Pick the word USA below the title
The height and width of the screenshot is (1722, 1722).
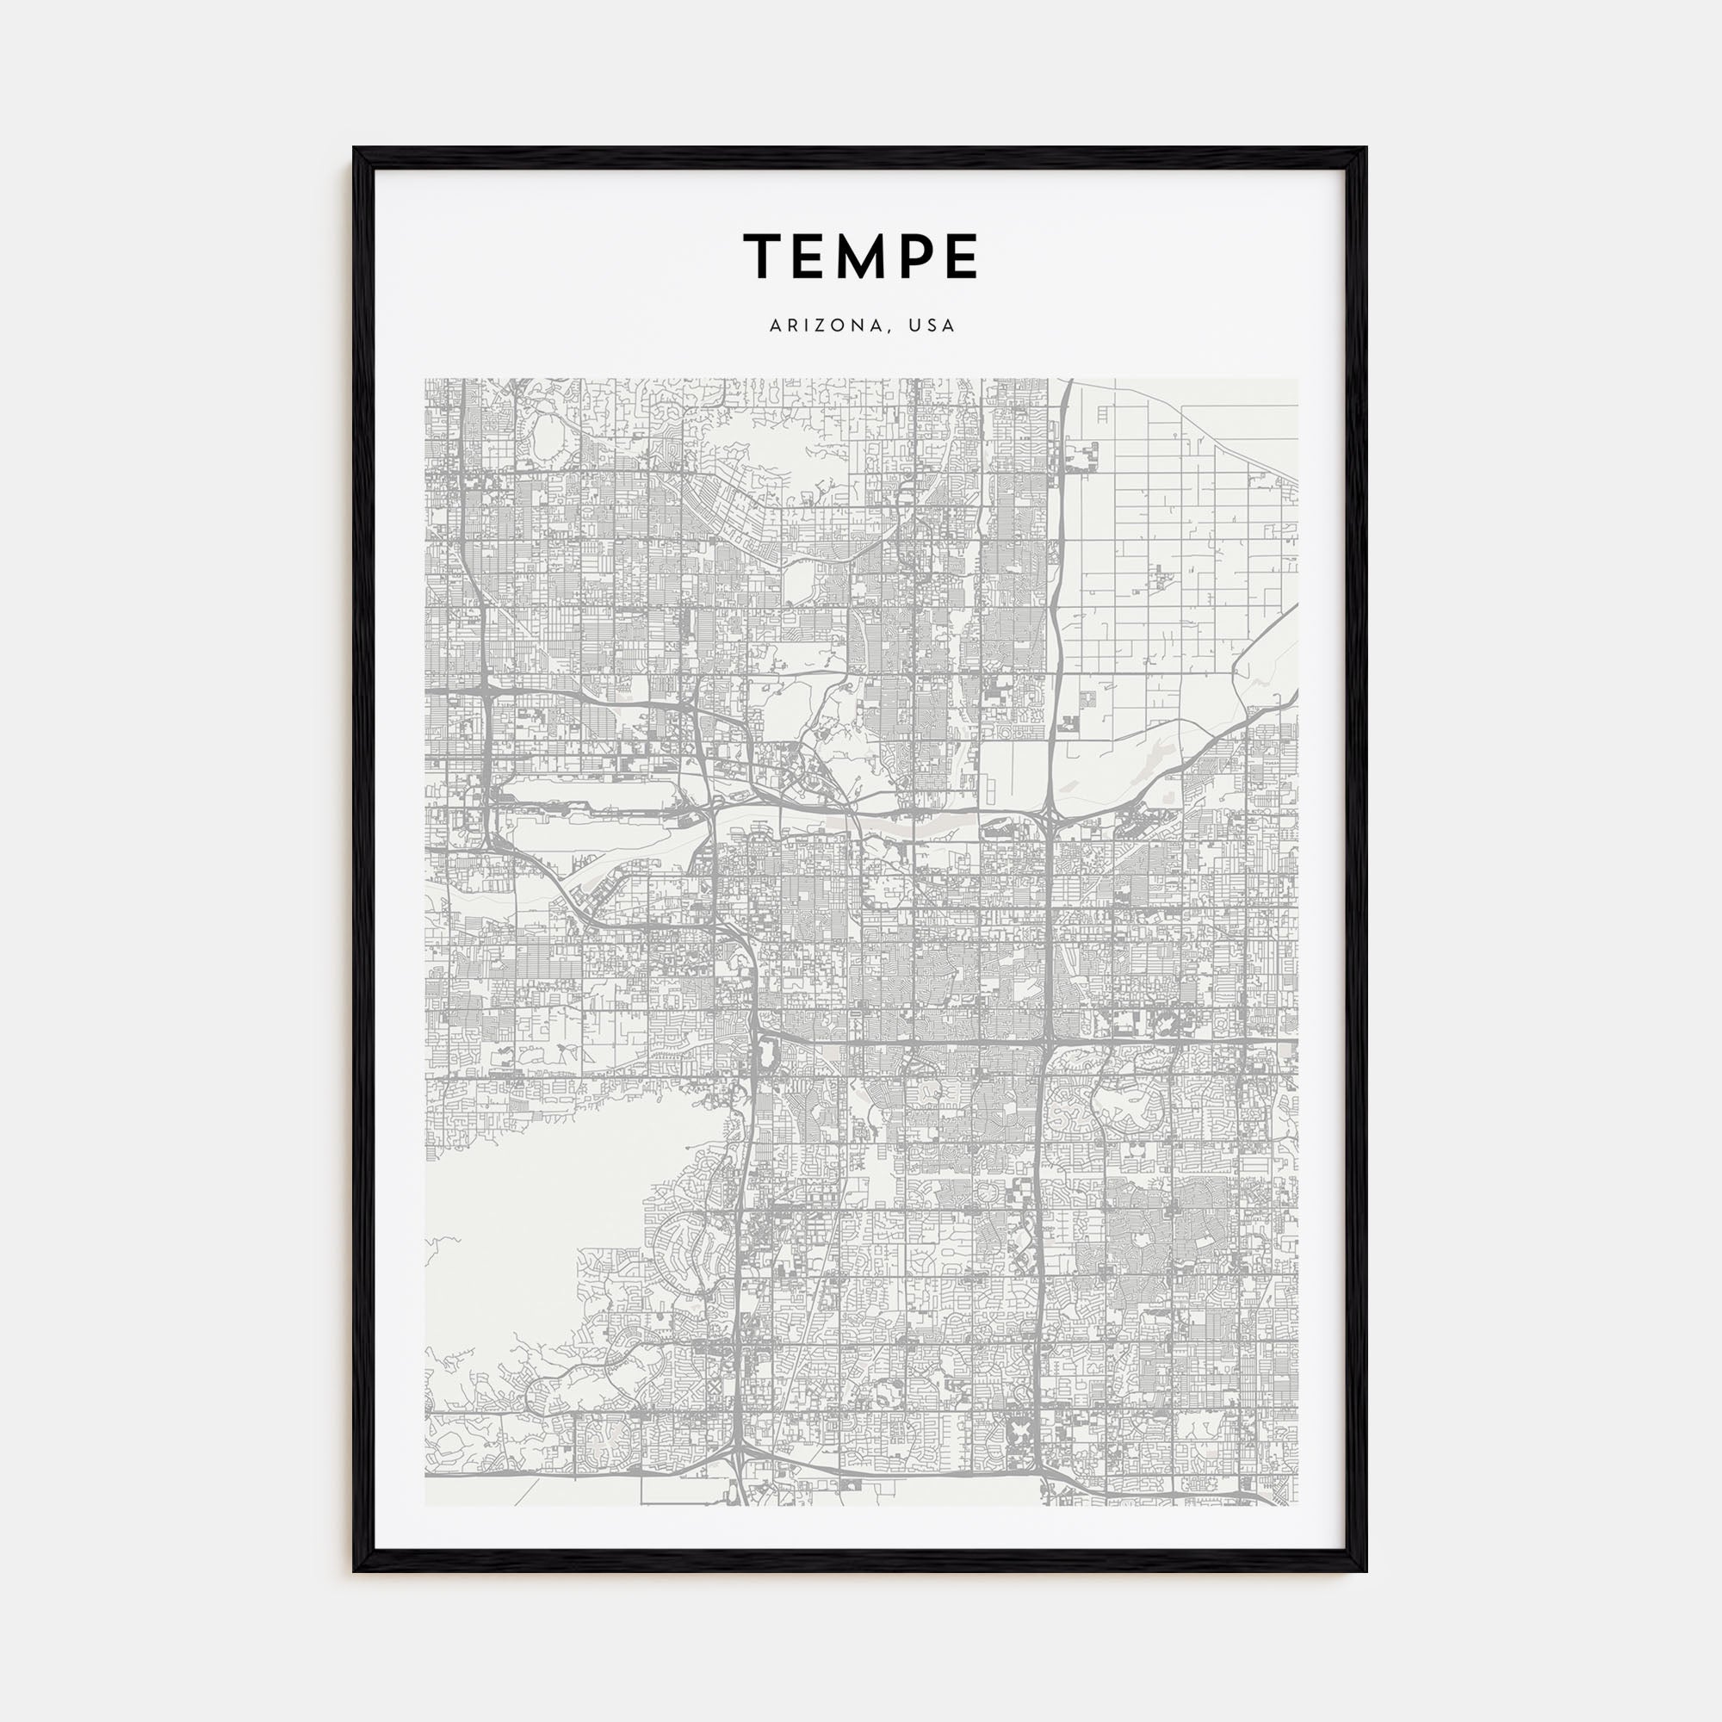coord(932,326)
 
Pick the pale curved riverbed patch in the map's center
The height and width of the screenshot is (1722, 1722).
coord(909,827)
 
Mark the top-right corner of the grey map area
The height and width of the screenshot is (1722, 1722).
coord(1297,380)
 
